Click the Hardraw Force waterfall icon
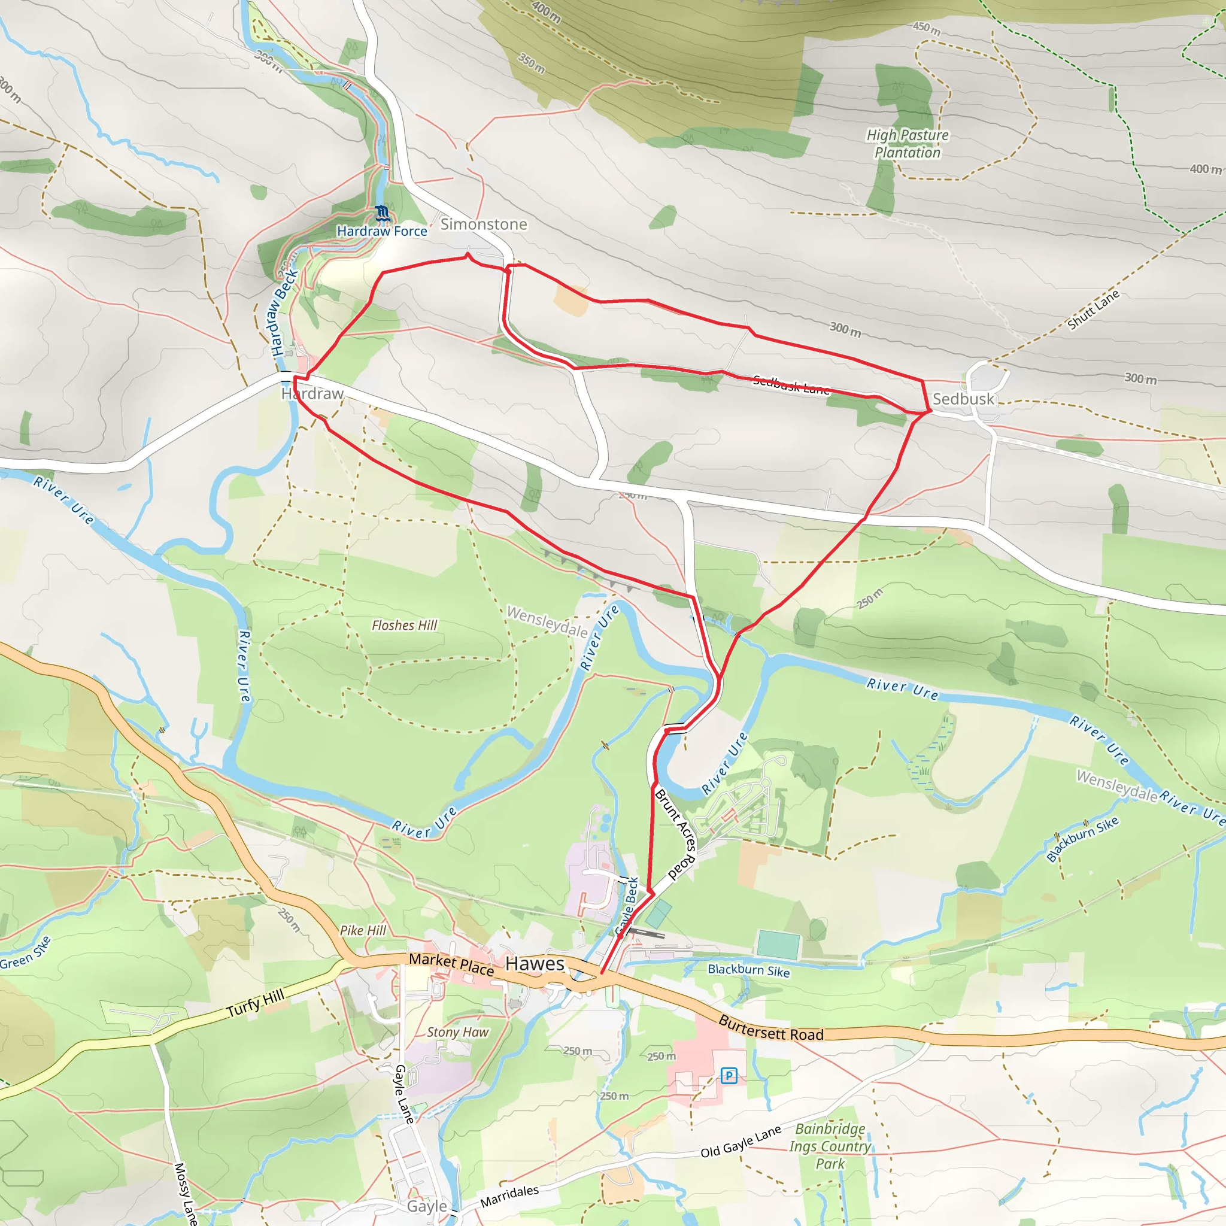tap(381, 213)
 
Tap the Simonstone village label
tap(484, 224)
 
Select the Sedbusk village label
tap(963, 399)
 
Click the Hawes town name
tap(535, 963)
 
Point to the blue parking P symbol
tap(729, 1075)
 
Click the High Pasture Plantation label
tap(908, 144)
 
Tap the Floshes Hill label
tap(404, 625)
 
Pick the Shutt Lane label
tap(1093, 309)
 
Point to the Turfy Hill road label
tap(256, 1003)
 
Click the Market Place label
tap(451, 963)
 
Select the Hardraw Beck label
tap(284, 311)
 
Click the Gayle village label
tap(426, 1206)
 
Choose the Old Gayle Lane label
tap(741, 1142)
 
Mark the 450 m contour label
tap(927, 28)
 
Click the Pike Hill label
tap(363, 930)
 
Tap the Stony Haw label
tap(457, 1032)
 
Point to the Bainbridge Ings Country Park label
tap(830, 1146)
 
